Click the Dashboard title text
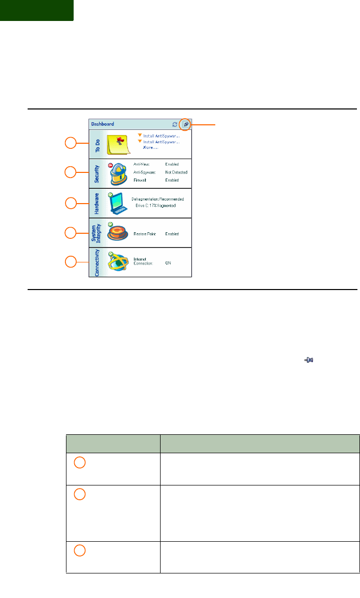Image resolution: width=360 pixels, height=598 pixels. tap(102, 124)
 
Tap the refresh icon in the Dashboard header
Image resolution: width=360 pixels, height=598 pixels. tap(174, 124)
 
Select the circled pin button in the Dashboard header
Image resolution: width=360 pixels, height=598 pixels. tap(185, 124)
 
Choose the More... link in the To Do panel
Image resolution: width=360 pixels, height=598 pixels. tap(150, 147)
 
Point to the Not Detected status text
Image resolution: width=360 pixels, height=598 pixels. tap(176, 172)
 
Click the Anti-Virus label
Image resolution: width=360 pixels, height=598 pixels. tap(142, 164)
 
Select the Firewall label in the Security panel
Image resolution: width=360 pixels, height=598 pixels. tap(141, 181)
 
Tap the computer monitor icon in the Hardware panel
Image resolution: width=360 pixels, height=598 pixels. tap(118, 203)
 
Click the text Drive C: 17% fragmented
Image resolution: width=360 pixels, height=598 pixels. tap(155, 206)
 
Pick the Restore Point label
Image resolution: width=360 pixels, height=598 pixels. tap(145, 233)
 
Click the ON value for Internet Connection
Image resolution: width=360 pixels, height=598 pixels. tap(168, 262)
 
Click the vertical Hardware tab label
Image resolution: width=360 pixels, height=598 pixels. tap(96, 203)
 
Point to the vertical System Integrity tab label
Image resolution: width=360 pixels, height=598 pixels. tap(96, 233)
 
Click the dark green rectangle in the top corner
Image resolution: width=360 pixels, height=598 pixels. tap(36, 10)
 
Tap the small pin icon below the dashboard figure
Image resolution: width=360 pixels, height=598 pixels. tap(309, 361)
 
